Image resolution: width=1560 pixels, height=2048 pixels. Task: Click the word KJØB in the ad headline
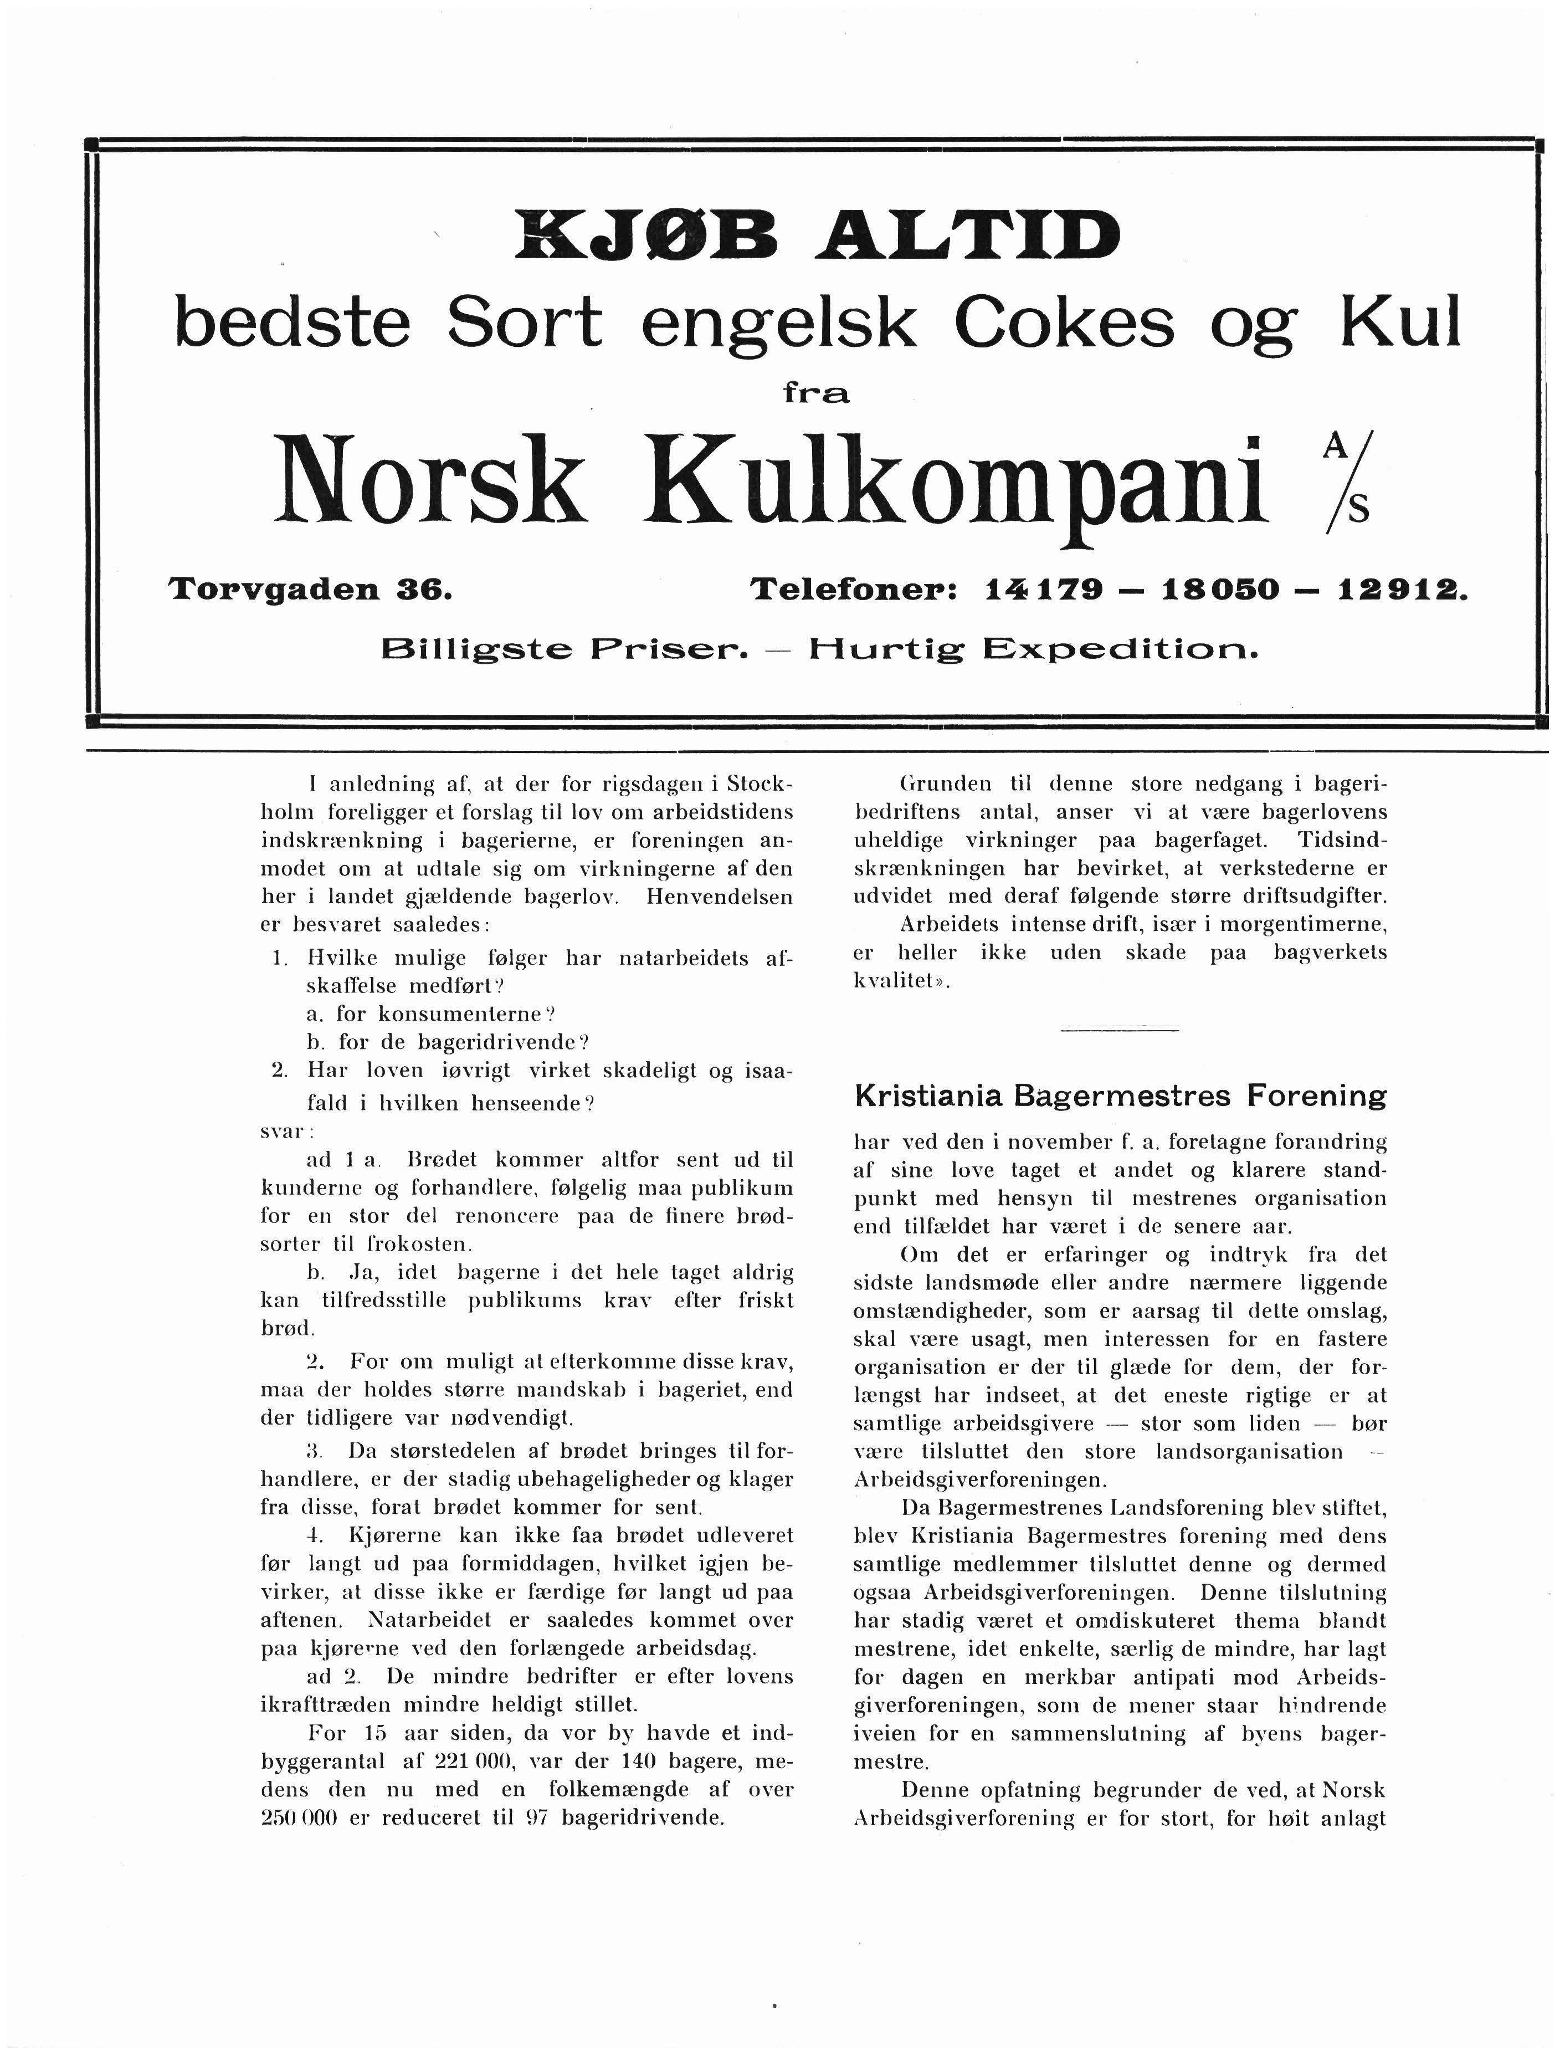coord(650,238)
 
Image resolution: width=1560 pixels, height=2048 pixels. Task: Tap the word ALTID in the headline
coord(966,238)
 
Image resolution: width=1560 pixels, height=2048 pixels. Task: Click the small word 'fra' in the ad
coord(816,394)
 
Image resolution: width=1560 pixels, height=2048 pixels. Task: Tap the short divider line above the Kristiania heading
coord(1119,1027)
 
